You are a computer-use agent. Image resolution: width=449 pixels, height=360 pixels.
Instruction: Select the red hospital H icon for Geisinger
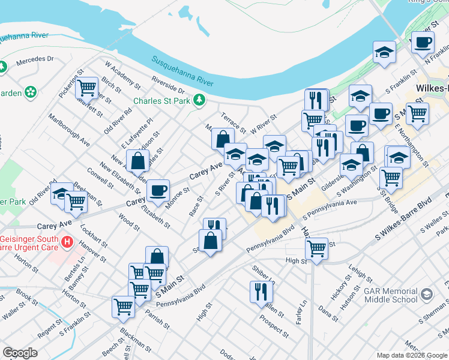[67, 243]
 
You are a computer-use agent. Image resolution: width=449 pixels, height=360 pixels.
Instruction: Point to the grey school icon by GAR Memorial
[427, 294]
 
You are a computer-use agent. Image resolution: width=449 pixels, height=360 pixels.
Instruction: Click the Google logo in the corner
[20, 353]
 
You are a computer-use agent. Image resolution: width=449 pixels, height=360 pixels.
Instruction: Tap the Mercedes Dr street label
[35, 60]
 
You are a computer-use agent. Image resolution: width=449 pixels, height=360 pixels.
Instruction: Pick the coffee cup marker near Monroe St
[158, 190]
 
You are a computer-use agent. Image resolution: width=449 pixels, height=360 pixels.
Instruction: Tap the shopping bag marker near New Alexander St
[137, 161]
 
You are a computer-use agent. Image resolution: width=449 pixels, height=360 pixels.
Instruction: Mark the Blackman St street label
[135, 340]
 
